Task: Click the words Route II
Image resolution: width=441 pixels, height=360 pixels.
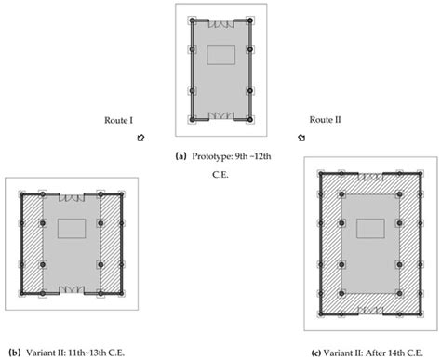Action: click(x=324, y=120)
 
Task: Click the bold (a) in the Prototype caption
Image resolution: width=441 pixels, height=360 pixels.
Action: click(x=181, y=155)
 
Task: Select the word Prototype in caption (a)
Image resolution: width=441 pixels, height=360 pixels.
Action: click(x=211, y=155)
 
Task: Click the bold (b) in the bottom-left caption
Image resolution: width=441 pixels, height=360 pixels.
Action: click(x=14, y=352)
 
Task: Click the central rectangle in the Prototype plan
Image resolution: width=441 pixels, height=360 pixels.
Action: click(x=221, y=54)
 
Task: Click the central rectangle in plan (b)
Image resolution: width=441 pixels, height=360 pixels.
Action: click(x=72, y=228)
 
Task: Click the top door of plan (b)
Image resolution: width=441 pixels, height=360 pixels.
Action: click(x=72, y=196)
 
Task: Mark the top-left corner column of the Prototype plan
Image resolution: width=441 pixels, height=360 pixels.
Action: click(x=192, y=20)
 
